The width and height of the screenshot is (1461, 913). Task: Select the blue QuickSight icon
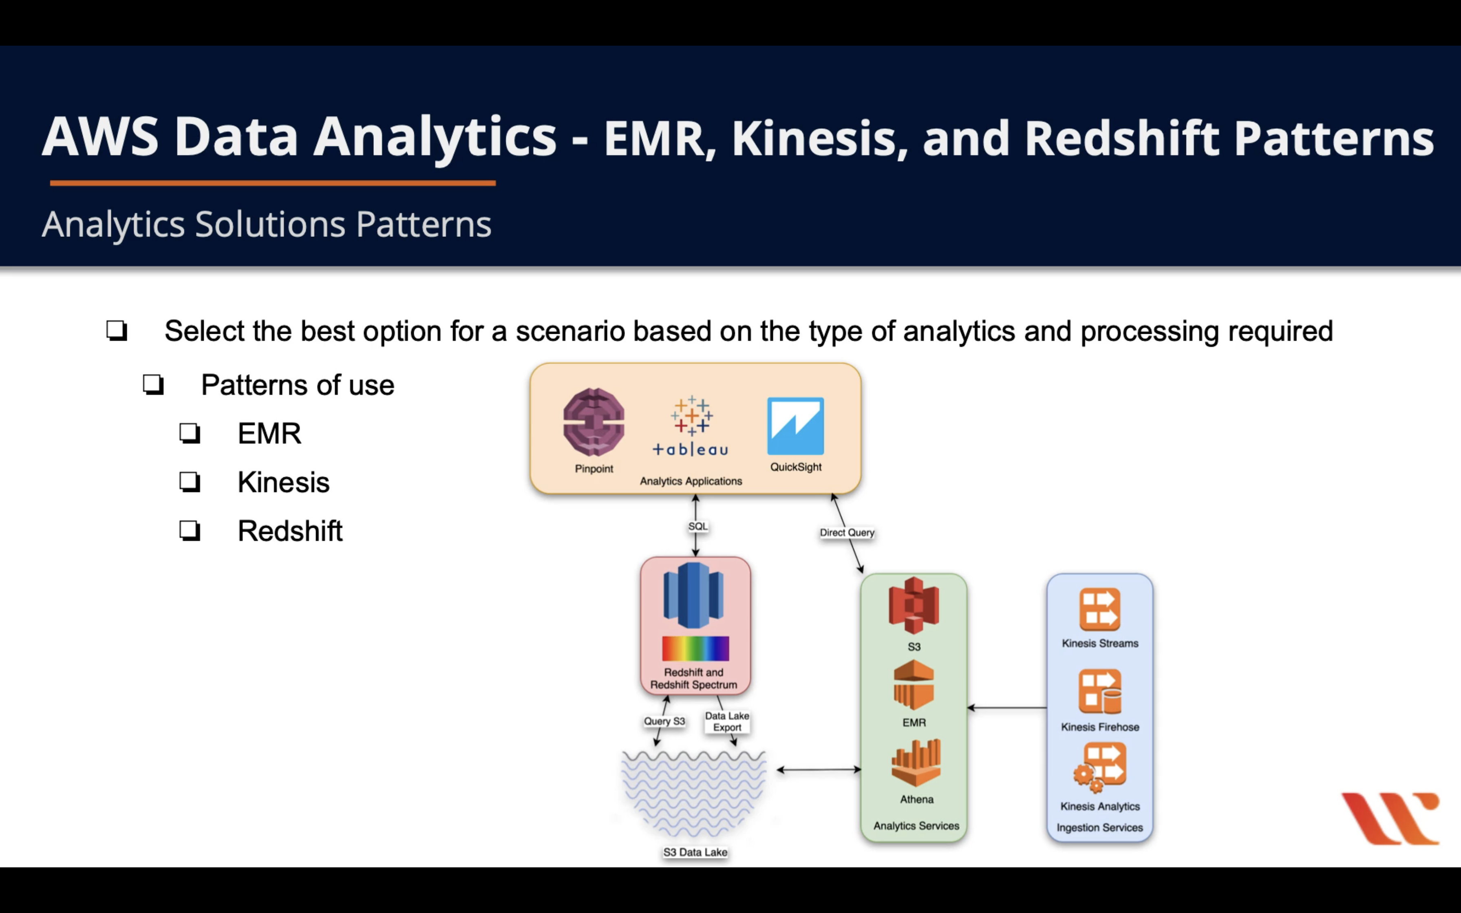pyautogui.click(x=795, y=426)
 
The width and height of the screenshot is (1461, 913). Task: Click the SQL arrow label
pyautogui.click(x=698, y=526)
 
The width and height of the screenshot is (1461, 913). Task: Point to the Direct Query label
pyautogui.click(x=846, y=533)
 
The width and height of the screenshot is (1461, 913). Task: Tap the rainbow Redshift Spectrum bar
pyautogui.click(x=695, y=648)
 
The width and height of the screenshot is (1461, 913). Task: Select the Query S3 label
pyautogui.click(x=664, y=721)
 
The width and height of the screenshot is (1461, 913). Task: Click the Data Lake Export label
pyautogui.click(x=727, y=721)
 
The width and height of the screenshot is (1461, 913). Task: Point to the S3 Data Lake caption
pyautogui.click(x=695, y=852)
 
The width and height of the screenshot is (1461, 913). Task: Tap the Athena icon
pyautogui.click(x=916, y=763)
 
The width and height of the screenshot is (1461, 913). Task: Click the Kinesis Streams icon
pyautogui.click(x=1099, y=609)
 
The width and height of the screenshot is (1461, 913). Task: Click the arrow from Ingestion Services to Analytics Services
pyautogui.click(x=1007, y=707)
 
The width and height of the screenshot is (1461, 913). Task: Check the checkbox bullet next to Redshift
pyautogui.click(x=190, y=531)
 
